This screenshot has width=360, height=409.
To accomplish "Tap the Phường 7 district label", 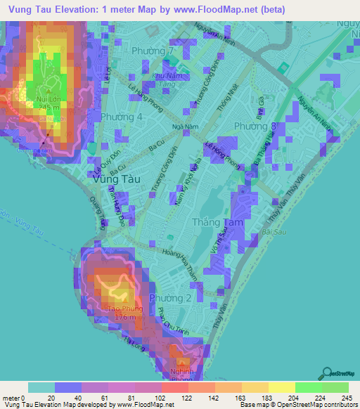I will (x=153, y=52).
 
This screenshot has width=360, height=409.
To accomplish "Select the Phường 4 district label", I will (x=121, y=116).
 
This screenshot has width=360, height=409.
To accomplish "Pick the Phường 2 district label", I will (x=169, y=298).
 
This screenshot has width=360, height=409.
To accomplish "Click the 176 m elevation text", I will (x=127, y=318).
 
